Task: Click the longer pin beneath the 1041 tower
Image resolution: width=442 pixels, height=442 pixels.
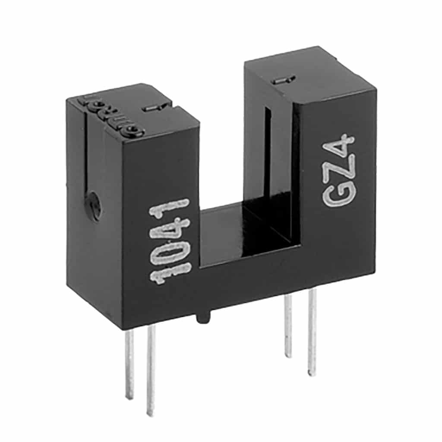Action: [x=151, y=371]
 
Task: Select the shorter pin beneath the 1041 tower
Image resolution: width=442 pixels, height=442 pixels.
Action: [x=129, y=363]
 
